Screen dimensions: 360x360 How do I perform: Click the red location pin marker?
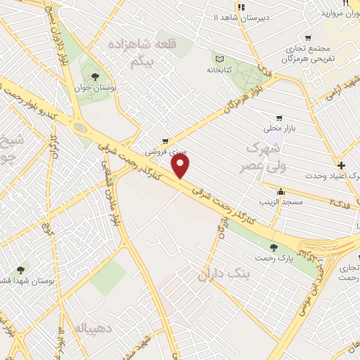pos(181,166)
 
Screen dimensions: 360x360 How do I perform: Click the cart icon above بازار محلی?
pos(279,118)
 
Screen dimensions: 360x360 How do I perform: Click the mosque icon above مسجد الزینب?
pos(281,191)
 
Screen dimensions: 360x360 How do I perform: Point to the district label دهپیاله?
pos(88,328)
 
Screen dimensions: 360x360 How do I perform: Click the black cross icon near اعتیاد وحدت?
pos(341,166)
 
